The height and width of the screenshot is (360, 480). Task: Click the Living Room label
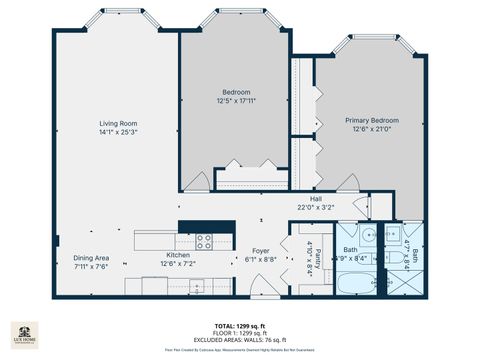(x=117, y=123)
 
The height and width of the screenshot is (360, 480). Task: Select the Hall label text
(x=316, y=199)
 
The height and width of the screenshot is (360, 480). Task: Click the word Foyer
(x=260, y=251)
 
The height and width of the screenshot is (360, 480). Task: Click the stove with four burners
(x=204, y=241)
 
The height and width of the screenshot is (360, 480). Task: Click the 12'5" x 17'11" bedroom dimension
(x=237, y=100)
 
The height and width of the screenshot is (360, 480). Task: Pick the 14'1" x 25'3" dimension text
(x=117, y=131)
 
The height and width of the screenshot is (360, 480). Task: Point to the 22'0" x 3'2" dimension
(x=316, y=207)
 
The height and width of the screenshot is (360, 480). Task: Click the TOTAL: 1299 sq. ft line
(x=239, y=326)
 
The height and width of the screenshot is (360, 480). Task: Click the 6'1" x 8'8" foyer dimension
(x=260, y=259)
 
